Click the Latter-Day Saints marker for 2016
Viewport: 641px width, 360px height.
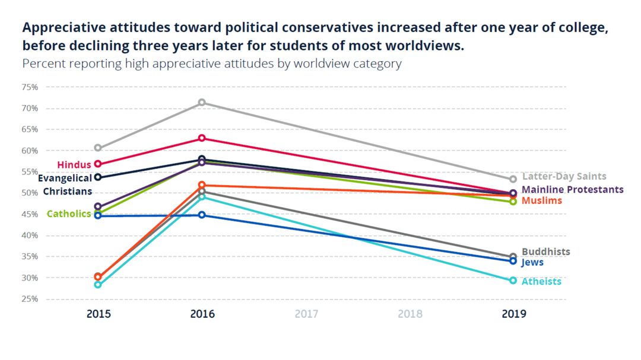[x=202, y=103]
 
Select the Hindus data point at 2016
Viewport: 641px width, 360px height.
[x=202, y=138]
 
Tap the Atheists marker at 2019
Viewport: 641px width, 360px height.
[x=513, y=281]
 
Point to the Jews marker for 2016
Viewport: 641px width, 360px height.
[x=202, y=215]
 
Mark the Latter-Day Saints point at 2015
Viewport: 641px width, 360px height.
[x=98, y=148]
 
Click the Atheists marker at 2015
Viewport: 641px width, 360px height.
[x=98, y=285]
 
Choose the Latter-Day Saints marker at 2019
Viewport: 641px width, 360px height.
[x=513, y=179]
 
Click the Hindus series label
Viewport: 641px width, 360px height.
[x=74, y=164]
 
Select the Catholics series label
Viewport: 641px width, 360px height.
[x=69, y=214]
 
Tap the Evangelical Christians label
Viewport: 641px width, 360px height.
[x=65, y=184]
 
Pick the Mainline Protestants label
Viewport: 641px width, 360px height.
[x=573, y=190]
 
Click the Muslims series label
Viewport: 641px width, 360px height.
[x=542, y=201]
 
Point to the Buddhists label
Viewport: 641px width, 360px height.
[x=545, y=251]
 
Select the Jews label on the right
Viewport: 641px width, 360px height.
[x=532, y=262]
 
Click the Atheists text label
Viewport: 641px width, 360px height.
[x=541, y=281]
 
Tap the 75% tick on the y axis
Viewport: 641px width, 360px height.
[x=30, y=87]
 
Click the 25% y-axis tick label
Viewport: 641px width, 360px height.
[x=30, y=299]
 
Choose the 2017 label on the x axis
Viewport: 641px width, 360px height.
[x=306, y=314]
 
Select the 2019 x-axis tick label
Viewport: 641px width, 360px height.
[x=513, y=314]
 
